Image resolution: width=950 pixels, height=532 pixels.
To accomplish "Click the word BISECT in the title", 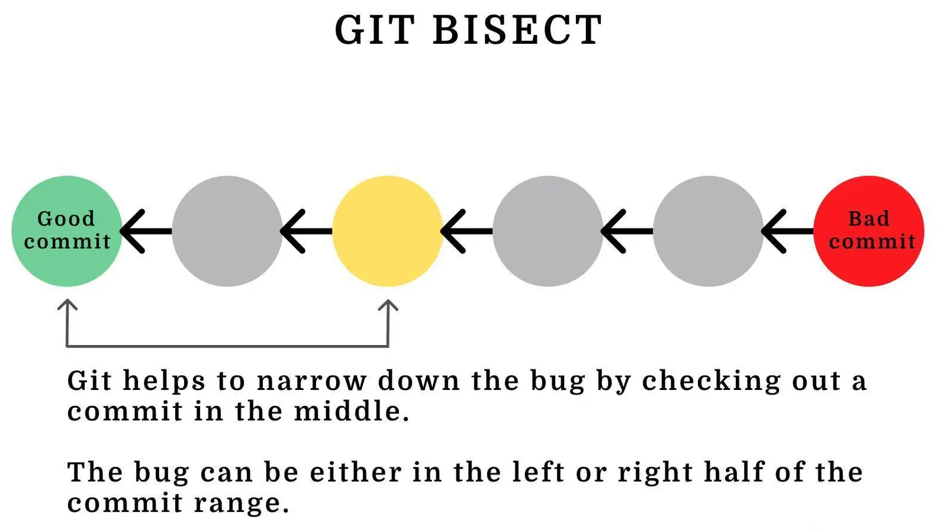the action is point(517,30).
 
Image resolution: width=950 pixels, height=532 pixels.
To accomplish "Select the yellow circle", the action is point(388,231).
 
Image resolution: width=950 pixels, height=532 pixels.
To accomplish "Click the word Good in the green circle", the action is point(66,219).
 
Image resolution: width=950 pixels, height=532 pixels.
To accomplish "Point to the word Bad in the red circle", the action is point(868,219).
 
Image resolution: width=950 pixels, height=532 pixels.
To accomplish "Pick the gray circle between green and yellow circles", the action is point(227,231).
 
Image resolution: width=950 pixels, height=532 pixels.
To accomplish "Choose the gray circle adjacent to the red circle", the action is point(709,231).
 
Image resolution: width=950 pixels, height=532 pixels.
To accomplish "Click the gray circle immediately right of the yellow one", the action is point(548,231).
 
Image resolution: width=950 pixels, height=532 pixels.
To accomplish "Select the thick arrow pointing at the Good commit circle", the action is point(146,231).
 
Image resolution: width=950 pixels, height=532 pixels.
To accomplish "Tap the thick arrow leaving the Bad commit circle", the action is point(788,231).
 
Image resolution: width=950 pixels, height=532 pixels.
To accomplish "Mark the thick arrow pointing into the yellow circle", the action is point(467,231).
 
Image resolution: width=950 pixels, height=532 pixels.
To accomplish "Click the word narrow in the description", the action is point(312,381).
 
